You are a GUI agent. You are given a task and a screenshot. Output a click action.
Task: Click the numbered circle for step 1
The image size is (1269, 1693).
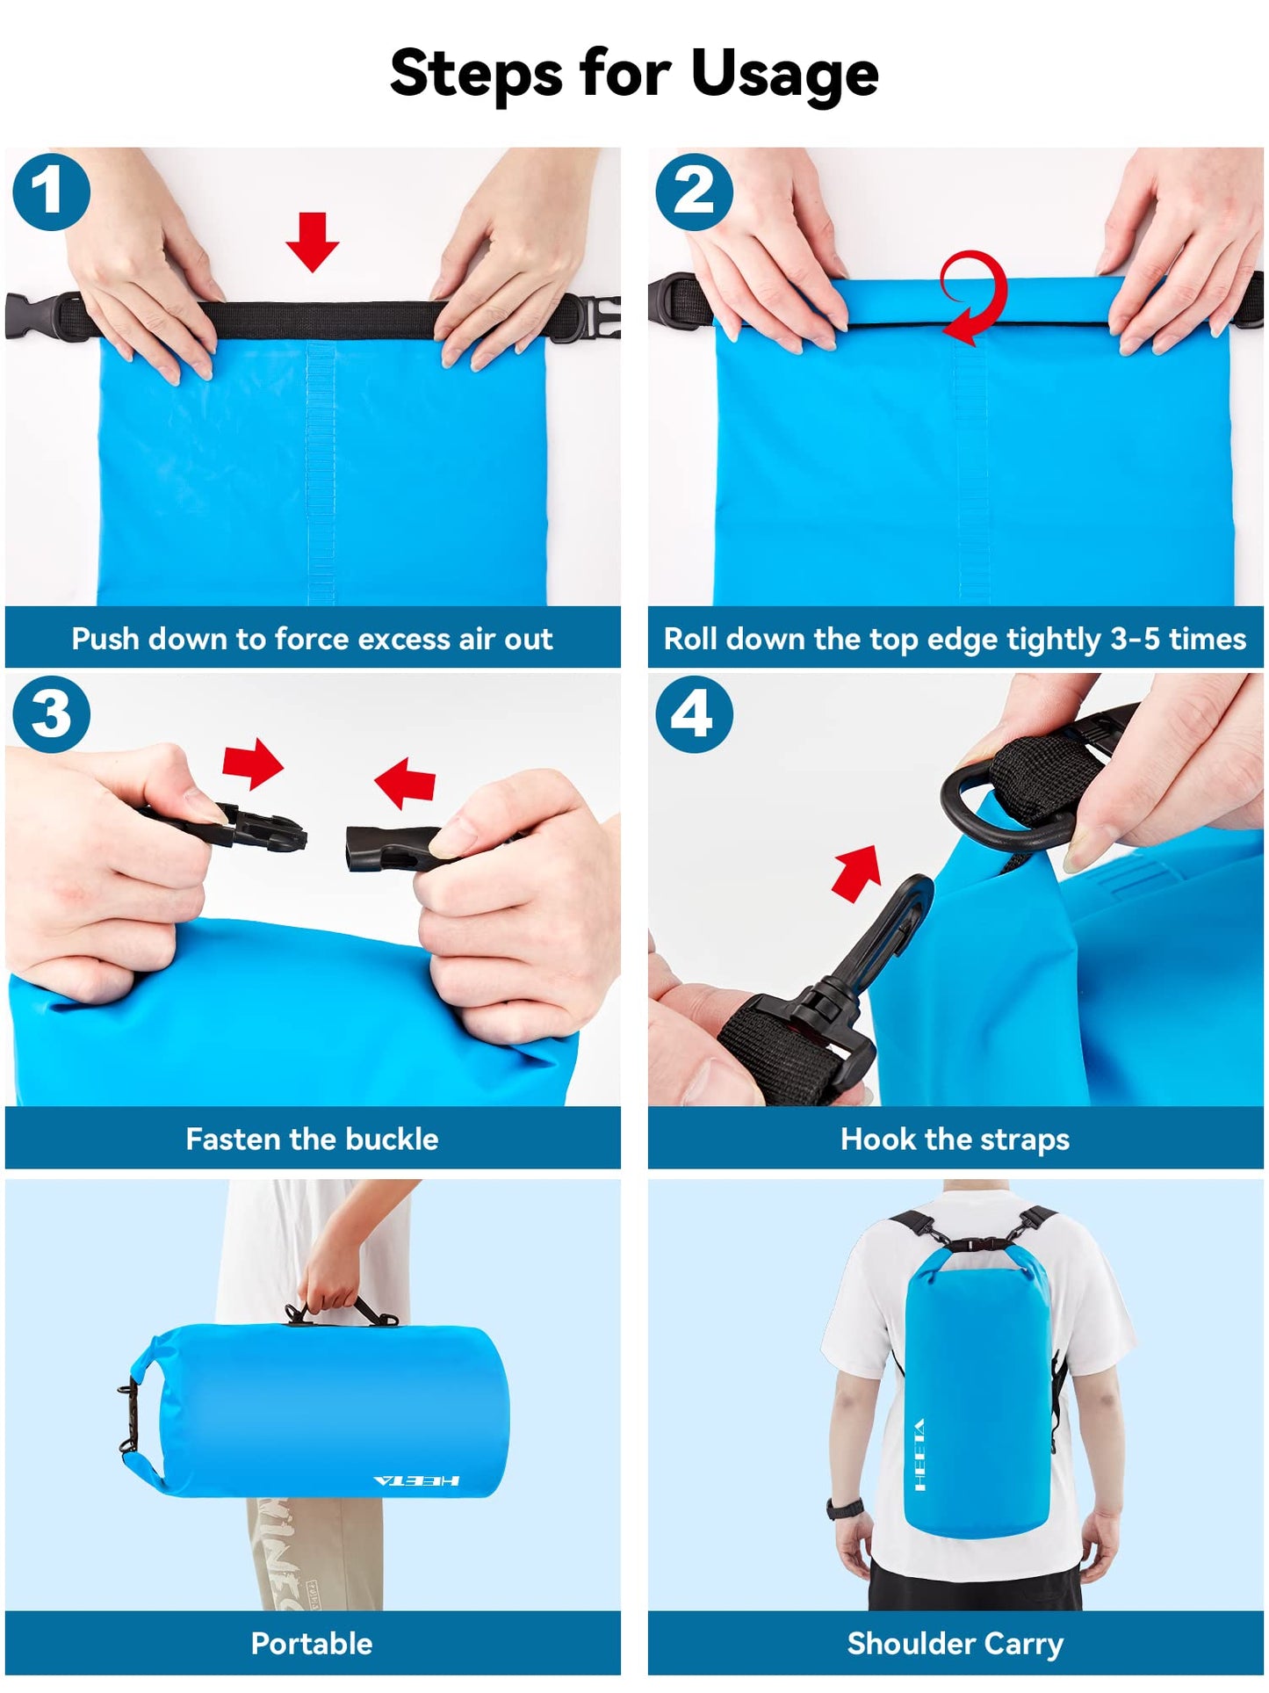pos(51,192)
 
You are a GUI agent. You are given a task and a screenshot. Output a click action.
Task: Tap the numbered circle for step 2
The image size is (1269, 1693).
pos(694,192)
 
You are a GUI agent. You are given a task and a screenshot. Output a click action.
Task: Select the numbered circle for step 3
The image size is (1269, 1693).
pos(51,713)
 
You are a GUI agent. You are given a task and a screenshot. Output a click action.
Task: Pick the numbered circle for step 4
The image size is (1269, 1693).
pos(694,713)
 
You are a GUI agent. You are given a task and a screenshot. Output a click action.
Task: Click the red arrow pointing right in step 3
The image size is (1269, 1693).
pos(253,763)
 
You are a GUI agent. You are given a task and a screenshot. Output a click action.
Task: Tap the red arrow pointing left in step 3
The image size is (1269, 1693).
pos(406,782)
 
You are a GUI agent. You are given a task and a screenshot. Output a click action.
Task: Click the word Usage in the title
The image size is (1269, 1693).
pos(784,76)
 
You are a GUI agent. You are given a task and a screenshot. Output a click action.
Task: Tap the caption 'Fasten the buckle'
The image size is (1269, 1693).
pos(312,1140)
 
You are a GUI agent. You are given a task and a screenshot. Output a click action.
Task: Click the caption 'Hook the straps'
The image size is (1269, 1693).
pos(955,1140)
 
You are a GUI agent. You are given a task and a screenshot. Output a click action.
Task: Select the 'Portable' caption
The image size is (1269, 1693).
pos(312,1643)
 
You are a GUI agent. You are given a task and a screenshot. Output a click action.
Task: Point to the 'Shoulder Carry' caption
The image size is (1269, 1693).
pos(955,1643)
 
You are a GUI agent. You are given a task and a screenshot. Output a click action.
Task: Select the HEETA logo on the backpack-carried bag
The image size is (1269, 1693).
pos(919,1454)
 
